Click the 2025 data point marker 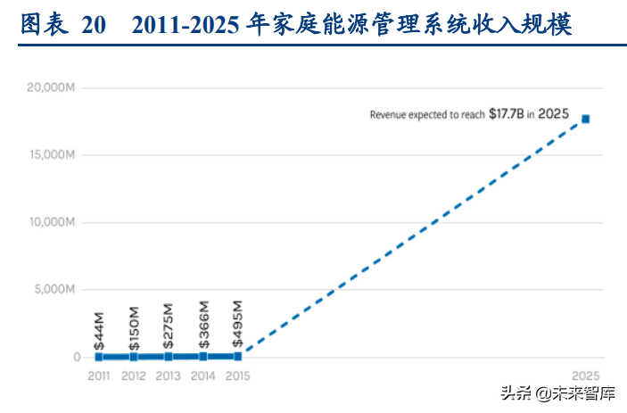click(586, 119)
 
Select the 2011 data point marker click(99, 357)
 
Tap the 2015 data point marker click(237, 356)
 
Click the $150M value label click(134, 327)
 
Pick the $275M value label click(169, 327)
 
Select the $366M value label click(203, 326)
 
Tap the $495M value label click(238, 326)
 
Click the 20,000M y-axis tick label click(50, 87)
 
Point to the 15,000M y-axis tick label click(50, 155)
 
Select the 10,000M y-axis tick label click(50, 222)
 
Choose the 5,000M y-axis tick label click(53, 290)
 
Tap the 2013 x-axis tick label click(169, 376)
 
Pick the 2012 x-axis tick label click(134, 376)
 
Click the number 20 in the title click(95, 26)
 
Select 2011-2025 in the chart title click(185, 26)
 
